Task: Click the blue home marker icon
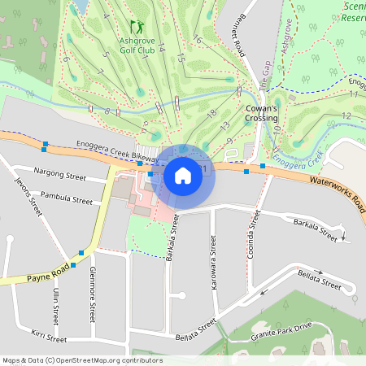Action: click(183, 175)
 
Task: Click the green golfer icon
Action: click(135, 27)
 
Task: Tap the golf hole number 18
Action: click(211, 114)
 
